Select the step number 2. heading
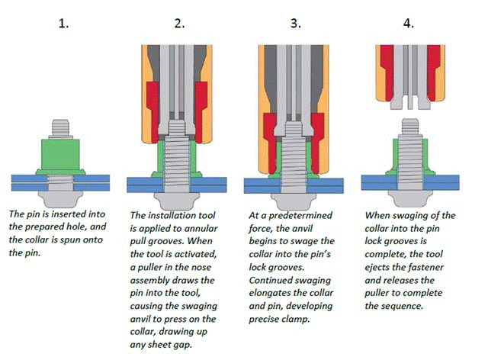[x=180, y=23]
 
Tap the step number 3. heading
[x=295, y=23]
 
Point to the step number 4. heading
[x=409, y=23]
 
